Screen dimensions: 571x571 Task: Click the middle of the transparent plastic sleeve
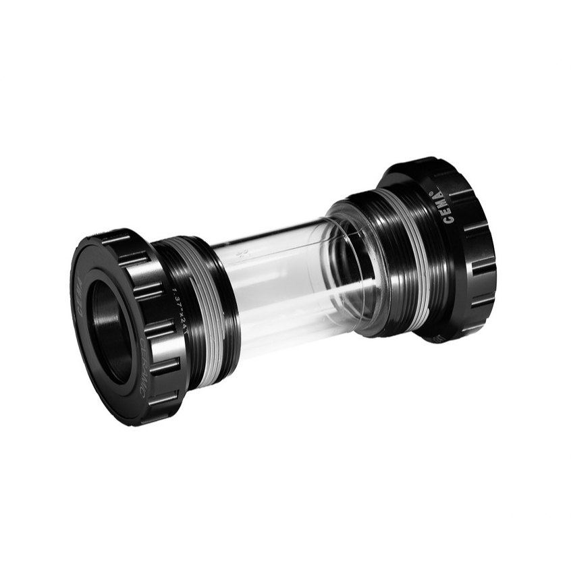[283, 283]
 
